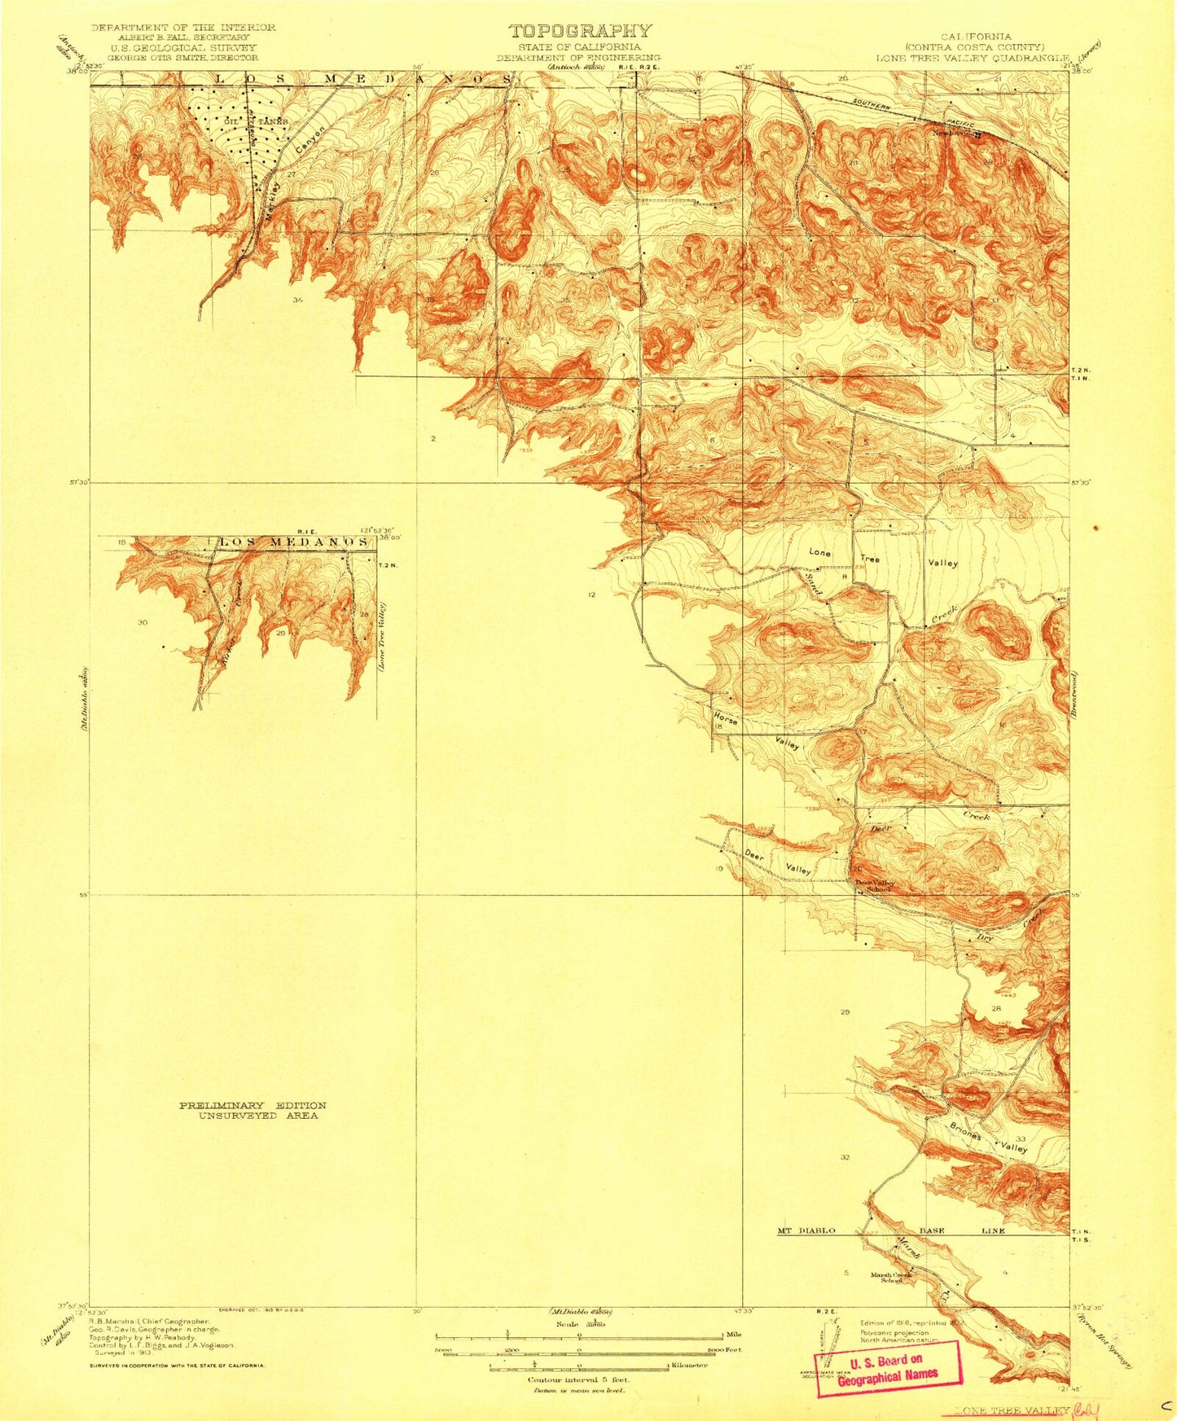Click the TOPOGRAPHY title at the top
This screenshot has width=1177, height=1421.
(x=580, y=31)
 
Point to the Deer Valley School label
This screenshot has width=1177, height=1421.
(x=875, y=886)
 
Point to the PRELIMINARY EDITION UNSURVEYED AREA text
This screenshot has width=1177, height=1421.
(x=253, y=1110)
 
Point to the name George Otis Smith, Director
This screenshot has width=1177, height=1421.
(x=182, y=58)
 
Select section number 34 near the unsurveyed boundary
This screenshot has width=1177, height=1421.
(x=298, y=300)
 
